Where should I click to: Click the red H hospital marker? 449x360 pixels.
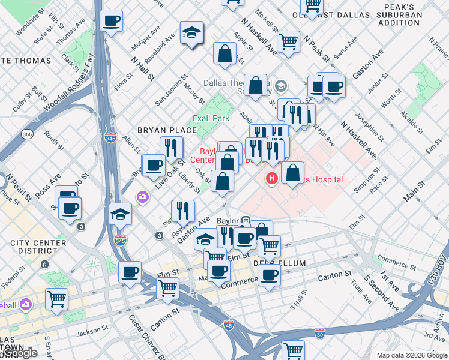(x=272, y=178)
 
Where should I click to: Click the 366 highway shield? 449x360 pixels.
(x=27, y=134)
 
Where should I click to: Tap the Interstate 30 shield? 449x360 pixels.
(x=320, y=331)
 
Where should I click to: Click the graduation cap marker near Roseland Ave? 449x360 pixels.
(x=191, y=34)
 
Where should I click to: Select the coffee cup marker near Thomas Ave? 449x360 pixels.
(x=111, y=22)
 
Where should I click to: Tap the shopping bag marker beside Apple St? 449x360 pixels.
(x=224, y=53)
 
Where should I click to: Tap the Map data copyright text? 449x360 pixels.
(x=411, y=355)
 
